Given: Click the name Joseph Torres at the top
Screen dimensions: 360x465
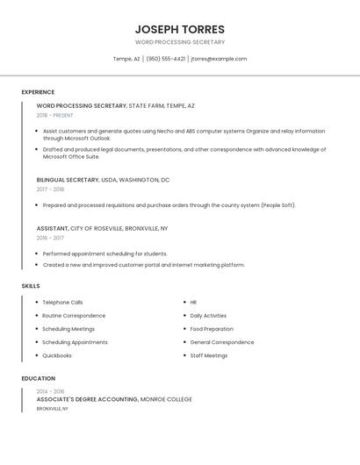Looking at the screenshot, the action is pos(180,29).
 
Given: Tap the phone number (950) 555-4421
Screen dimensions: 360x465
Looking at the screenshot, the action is pos(165,59).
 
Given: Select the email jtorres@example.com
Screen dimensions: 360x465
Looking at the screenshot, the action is pos(219,59).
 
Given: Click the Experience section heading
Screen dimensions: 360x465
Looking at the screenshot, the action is pos(38,92).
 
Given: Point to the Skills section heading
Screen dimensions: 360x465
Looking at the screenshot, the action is pos(31,286).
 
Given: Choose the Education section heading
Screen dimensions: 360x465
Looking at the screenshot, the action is pos(39,378).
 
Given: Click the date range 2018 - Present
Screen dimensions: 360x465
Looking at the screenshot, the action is pos(54,115).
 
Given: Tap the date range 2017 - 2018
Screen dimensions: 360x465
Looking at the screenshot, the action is pos(50,190).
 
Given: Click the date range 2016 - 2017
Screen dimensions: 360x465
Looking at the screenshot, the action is pos(50,238).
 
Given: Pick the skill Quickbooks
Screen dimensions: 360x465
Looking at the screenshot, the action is pos(57,355).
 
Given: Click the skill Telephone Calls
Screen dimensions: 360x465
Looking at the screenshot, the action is pos(62,302).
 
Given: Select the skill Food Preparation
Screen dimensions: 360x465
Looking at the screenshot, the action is pos(212,329).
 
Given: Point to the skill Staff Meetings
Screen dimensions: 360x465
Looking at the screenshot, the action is pos(209,355).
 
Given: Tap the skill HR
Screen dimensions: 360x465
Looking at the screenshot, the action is pos(193,302).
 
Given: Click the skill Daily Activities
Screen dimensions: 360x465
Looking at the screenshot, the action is pos(208,316).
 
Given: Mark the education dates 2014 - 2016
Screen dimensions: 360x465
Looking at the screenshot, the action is pos(50,391).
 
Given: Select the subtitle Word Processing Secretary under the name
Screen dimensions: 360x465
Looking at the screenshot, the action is pos(180,42).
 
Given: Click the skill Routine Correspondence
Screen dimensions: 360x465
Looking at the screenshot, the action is pos(74,316).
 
